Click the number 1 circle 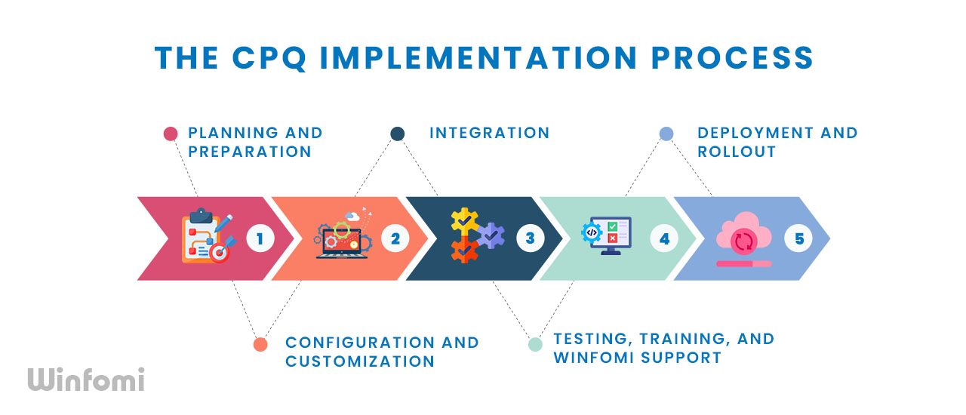(x=260, y=238)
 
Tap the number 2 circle (x=395, y=238)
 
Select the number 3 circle (x=530, y=238)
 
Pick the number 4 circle (x=664, y=238)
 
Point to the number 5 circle (x=798, y=238)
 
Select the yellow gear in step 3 (x=464, y=221)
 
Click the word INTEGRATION (x=490, y=133)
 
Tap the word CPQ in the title (x=269, y=58)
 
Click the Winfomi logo (x=86, y=380)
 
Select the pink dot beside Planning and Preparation (x=171, y=134)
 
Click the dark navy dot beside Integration (x=398, y=134)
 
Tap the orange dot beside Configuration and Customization (x=260, y=345)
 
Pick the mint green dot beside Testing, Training (x=535, y=344)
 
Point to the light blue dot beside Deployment (x=666, y=134)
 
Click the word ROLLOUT (x=737, y=152)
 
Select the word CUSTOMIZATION (x=360, y=361)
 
